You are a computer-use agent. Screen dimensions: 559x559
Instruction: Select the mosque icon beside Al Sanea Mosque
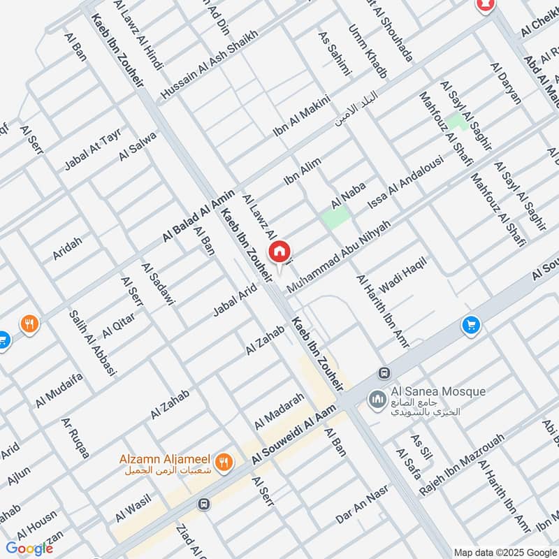[x=378, y=398]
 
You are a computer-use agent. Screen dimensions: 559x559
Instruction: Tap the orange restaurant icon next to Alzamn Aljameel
[x=223, y=460]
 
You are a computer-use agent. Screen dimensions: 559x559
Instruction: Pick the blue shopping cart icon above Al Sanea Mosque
[x=471, y=325]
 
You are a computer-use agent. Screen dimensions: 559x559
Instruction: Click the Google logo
[x=29, y=549]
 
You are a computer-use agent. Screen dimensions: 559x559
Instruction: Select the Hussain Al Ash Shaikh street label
[x=209, y=64]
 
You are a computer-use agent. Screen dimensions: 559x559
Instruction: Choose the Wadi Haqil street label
[x=402, y=275]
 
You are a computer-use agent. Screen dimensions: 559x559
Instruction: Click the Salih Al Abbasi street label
[x=92, y=343]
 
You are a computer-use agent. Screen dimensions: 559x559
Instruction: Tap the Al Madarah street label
[x=279, y=411]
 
